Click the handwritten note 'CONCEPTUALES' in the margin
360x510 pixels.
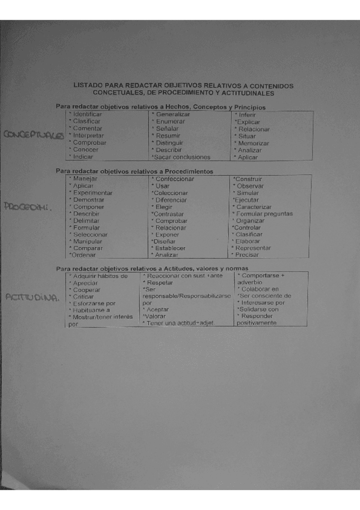(x=34, y=135)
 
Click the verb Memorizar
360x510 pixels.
(x=253, y=143)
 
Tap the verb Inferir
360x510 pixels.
(x=248, y=114)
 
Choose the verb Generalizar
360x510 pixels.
(x=173, y=114)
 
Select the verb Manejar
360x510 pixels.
(x=85, y=179)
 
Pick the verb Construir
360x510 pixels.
(x=248, y=179)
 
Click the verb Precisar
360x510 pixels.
(x=247, y=255)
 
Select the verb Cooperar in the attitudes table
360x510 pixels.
(x=87, y=290)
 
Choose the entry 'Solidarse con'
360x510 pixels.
(x=258, y=309)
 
